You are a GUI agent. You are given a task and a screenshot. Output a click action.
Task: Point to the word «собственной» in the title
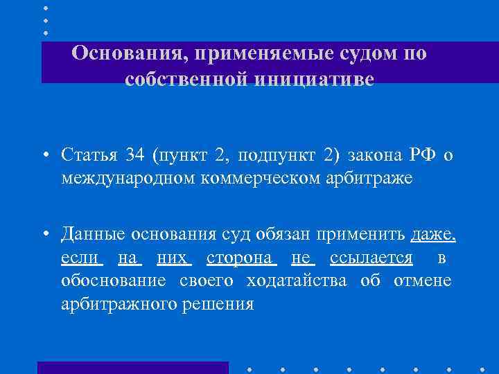point(186,80)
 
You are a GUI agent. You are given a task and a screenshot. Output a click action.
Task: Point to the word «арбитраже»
point(375,178)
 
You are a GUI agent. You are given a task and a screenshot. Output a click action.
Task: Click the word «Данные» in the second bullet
point(87,235)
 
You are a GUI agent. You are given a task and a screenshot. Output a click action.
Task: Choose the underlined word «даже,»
point(433,235)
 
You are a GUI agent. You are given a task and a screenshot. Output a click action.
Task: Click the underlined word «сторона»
point(242,258)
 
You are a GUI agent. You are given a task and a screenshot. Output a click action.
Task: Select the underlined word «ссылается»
point(371,258)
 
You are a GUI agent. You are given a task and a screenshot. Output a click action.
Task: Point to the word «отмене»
point(423,281)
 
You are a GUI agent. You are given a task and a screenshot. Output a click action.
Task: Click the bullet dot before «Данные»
point(44,235)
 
